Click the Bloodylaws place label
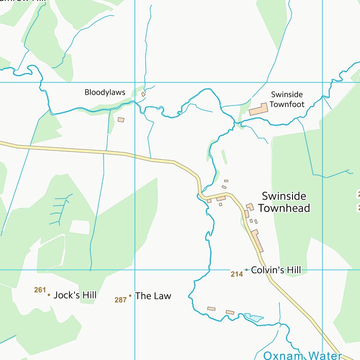click(x=105, y=92)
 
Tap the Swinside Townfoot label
click(x=287, y=99)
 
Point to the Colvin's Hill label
click(x=276, y=270)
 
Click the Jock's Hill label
click(x=75, y=295)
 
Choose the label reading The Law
click(x=153, y=296)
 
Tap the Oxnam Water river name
click(x=302, y=355)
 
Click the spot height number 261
click(x=40, y=290)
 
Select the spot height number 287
click(x=120, y=300)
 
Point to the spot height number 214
click(x=237, y=274)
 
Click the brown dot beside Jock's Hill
click(x=49, y=295)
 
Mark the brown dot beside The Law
click(x=130, y=296)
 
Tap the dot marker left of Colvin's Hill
click(x=246, y=270)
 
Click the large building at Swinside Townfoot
click(x=258, y=110)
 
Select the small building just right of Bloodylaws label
click(x=143, y=94)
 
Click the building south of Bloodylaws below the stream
click(x=121, y=120)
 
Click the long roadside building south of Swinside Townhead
click(x=257, y=240)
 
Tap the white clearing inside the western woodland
click(x=79, y=227)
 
